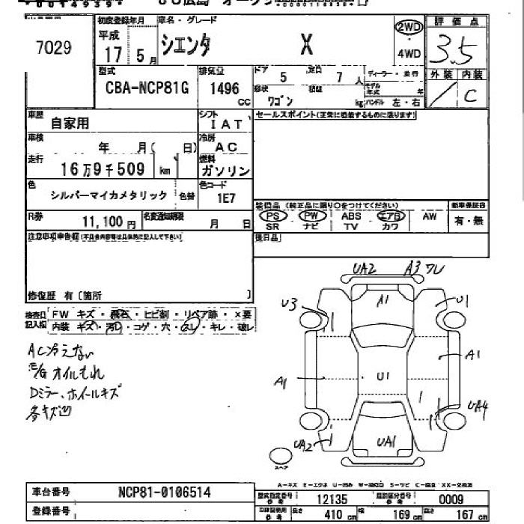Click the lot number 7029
click(x=53, y=49)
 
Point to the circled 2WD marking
click(x=409, y=28)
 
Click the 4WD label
click(x=409, y=53)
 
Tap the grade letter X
click(x=306, y=46)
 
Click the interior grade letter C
click(x=470, y=95)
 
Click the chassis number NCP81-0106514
click(x=164, y=492)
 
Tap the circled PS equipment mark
click(x=272, y=216)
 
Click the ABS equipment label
click(x=351, y=216)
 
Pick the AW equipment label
click(x=429, y=216)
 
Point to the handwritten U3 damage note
click(x=289, y=303)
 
